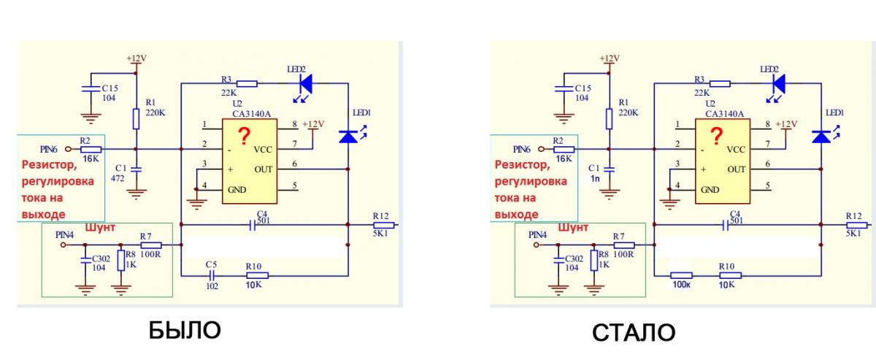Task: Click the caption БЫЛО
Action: [184, 330]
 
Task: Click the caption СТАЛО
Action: [634, 332]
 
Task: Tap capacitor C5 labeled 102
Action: [211, 275]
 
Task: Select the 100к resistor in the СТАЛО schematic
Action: [683, 275]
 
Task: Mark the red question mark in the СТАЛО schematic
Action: [718, 135]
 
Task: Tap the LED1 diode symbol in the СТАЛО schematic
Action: [822, 137]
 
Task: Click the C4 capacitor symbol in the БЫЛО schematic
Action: [253, 226]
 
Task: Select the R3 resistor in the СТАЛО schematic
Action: [720, 84]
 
